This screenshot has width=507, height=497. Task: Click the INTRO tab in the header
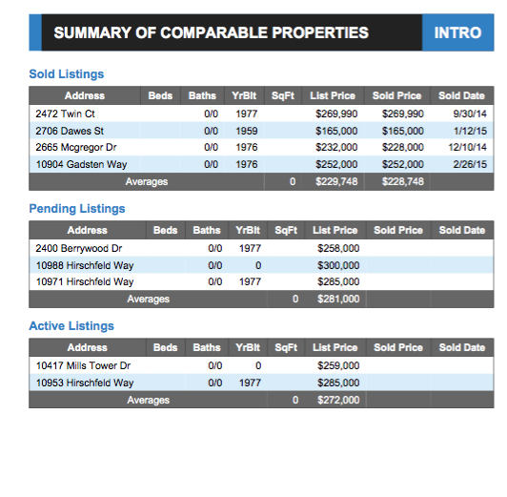pos(457,32)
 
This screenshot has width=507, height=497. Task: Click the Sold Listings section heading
pos(67,73)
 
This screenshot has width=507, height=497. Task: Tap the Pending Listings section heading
pos(77,208)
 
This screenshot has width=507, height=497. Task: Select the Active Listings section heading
pos(71,325)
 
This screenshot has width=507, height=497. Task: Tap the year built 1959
pos(247,131)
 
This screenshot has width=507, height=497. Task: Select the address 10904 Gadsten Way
pos(81,164)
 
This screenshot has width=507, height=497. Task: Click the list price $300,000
pos(338,265)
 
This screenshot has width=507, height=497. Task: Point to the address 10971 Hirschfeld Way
pos(85,282)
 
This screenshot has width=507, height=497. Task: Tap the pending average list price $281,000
pos(338,299)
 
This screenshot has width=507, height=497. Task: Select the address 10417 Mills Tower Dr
pos(84,365)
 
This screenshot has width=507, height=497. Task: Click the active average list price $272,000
pos(338,400)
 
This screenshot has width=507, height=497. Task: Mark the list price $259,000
pos(338,365)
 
